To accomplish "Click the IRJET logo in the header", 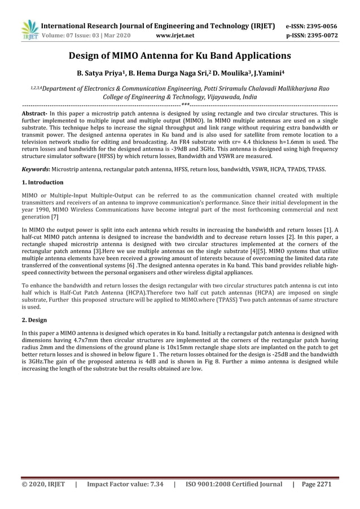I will [x=28, y=30].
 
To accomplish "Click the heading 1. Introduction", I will [x=42, y=182].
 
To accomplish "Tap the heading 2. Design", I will [x=34, y=319].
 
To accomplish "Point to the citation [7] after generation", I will [x=55, y=217].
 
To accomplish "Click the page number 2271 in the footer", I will [x=328, y=484].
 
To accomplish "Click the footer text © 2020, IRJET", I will [x=43, y=484].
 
